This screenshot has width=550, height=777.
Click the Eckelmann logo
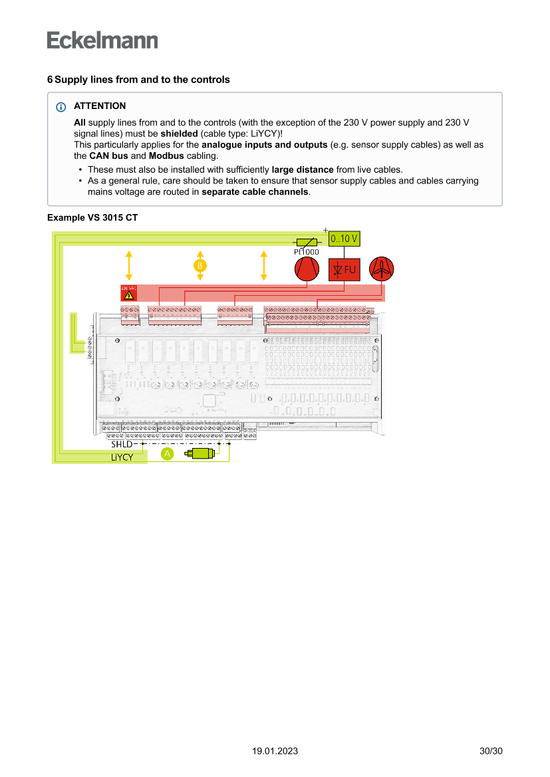tap(102, 40)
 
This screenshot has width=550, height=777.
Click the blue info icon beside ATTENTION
tap(61, 107)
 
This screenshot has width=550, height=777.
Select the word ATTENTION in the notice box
tap(100, 106)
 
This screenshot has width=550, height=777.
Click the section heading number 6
tap(50, 80)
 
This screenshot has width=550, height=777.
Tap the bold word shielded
tap(179, 133)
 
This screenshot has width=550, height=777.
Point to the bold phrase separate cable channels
tap(255, 191)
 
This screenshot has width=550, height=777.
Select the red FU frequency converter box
tap(344, 270)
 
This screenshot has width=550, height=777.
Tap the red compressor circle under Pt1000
tap(307, 269)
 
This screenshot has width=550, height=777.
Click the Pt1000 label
tap(306, 252)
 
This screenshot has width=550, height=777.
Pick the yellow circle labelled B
tap(200, 265)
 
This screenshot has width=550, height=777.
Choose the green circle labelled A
tap(167, 453)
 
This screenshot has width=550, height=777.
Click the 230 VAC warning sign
tap(128, 292)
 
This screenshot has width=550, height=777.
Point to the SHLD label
tap(122, 443)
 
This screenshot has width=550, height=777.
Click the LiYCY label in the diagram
tap(122, 457)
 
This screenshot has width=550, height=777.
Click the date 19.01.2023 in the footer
tap(275, 751)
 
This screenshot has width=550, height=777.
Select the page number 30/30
tap(491, 751)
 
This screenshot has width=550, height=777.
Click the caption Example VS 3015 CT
tap(92, 217)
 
